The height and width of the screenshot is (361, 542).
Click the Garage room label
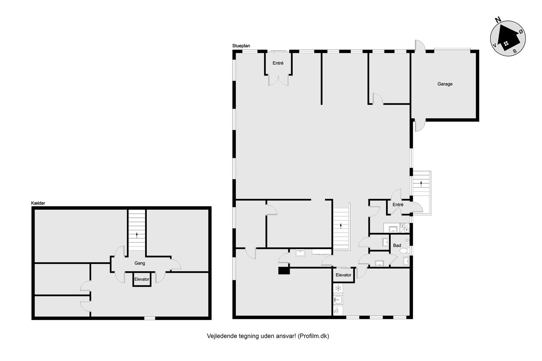coord(445,84)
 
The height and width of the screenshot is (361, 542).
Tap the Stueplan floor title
coord(241,46)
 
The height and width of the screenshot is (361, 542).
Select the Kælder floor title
coord(38,203)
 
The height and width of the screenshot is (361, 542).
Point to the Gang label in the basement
coord(140,263)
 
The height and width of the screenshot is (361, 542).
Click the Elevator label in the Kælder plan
coord(142,279)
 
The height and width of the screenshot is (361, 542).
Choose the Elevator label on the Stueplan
coord(343,275)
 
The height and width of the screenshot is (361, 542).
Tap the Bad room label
coord(397,245)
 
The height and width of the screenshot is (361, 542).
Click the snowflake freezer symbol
coord(338,288)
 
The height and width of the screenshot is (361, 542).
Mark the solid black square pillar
coord(284,270)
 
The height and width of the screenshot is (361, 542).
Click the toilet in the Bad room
coord(404,250)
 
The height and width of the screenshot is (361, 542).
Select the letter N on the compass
coord(498,20)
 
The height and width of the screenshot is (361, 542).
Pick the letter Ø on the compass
coord(521,31)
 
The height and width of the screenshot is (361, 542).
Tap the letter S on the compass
coord(515,51)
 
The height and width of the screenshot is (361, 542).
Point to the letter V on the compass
coord(495,45)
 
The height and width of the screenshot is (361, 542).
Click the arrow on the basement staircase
coord(137,235)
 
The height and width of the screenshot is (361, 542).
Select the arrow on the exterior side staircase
coord(421,183)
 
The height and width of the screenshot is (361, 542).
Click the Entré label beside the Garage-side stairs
coord(398,205)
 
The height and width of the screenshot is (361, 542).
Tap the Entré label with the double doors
coord(278,63)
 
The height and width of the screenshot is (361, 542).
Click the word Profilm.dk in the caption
coord(313,336)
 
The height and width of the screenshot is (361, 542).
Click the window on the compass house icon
coord(506,44)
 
